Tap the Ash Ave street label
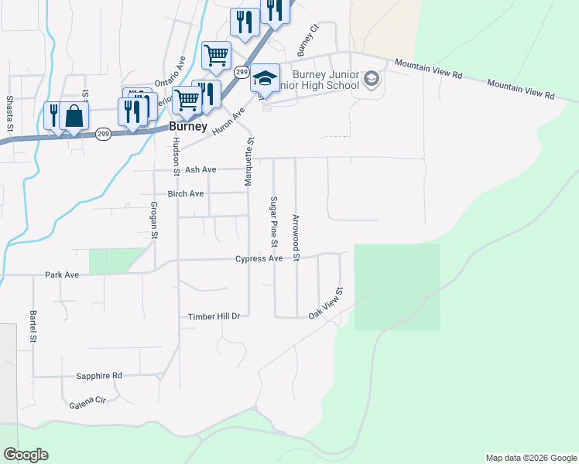coord(200,169)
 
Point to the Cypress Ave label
coord(259,259)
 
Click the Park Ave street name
coord(62,275)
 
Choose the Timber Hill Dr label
coord(215,316)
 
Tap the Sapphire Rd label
coord(99,376)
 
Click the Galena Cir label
coord(87,401)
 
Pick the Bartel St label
coord(33,326)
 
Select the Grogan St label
coord(154,220)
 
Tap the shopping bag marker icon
coord(74,117)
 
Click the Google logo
coord(26,455)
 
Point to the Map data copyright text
coord(530,458)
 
